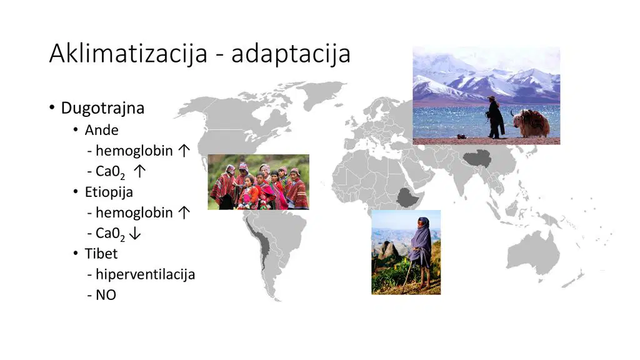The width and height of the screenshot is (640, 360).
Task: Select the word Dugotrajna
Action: tap(102, 108)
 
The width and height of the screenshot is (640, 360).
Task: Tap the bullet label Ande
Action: tap(102, 130)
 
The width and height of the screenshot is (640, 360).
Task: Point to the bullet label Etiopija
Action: tap(109, 192)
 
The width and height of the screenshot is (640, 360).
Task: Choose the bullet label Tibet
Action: tap(101, 254)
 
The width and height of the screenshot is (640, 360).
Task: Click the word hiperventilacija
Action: tap(145, 274)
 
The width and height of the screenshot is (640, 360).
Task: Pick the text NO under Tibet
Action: tap(106, 295)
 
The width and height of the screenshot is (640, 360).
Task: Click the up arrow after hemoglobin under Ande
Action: tap(184, 151)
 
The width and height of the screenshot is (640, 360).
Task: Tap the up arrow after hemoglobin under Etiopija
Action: tap(184, 212)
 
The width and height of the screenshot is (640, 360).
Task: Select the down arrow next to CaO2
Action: tap(135, 234)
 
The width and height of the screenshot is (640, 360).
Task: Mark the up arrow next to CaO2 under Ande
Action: tap(139, 171)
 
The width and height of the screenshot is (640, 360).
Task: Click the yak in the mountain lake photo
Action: tap(531, 123)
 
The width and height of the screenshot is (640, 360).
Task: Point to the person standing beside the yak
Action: tap(495, 117)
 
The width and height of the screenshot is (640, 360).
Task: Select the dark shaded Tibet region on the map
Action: tap(477, 158)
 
